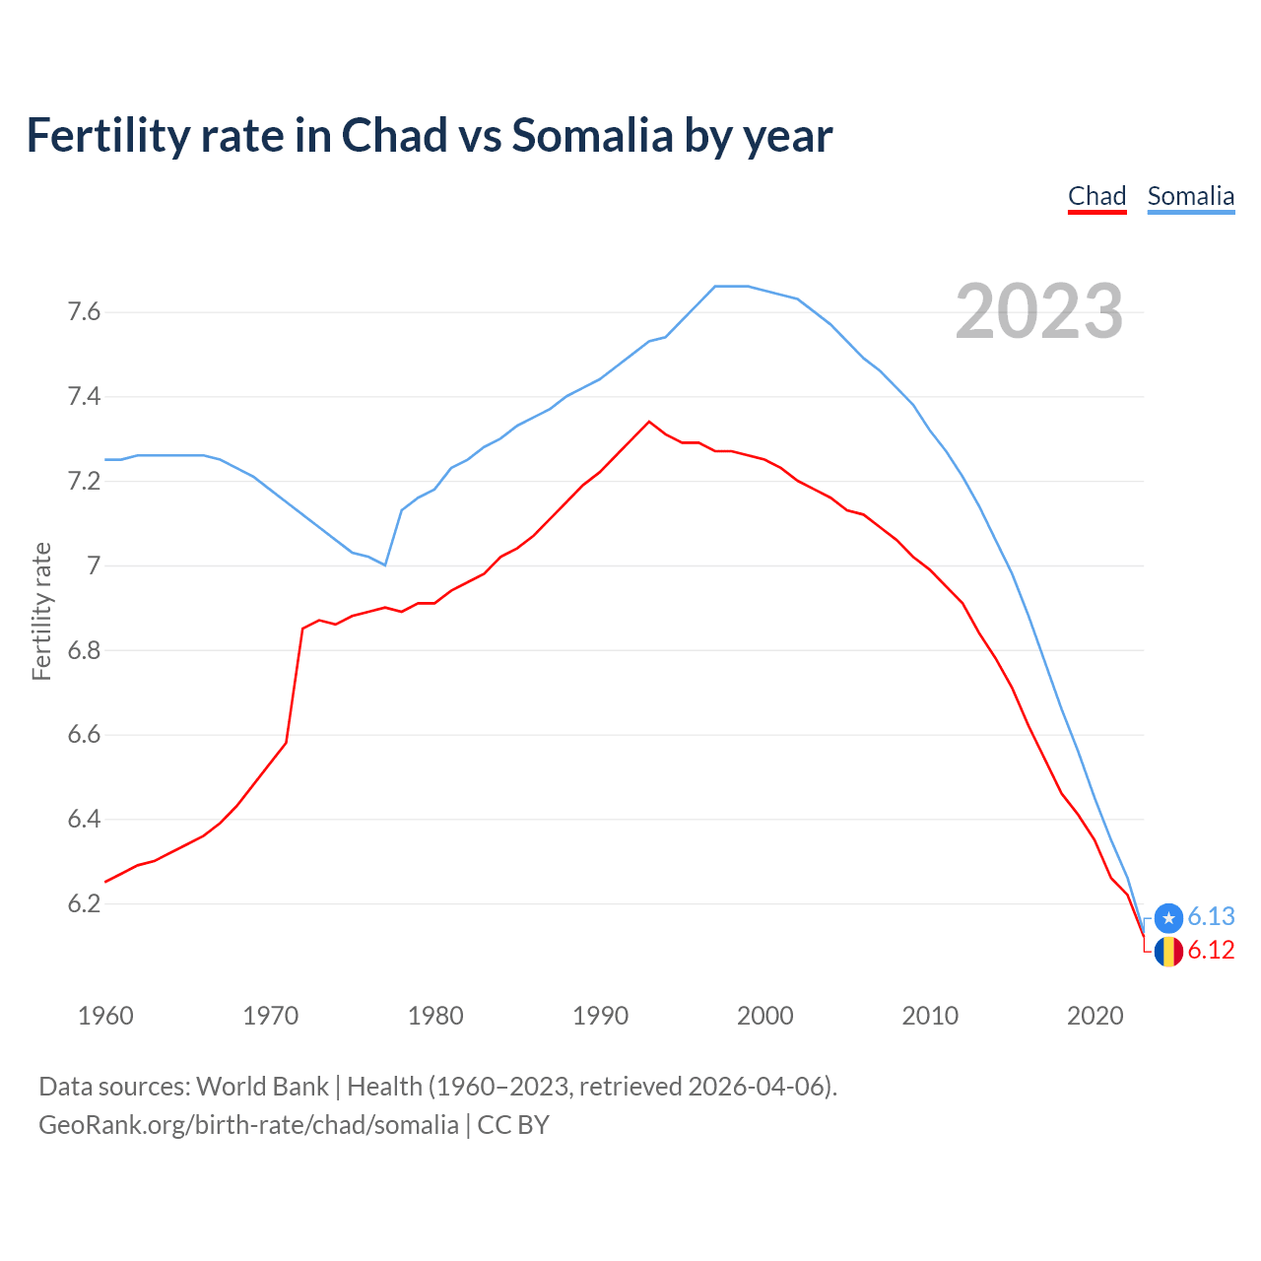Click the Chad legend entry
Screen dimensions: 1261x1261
point(1096,196)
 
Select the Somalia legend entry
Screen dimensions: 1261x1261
point(1190,196)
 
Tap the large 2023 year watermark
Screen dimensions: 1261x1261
point(1038,311)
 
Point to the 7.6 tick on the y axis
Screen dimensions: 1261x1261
point(84,312)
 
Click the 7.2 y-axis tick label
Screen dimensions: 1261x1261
point(84,482)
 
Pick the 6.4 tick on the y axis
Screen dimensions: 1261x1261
point(84,820)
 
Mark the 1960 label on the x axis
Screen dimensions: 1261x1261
point(105,1016)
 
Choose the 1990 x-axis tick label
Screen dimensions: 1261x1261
point(600,1016)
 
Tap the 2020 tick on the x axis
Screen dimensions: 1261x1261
point(1095,1016)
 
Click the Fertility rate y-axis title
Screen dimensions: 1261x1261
point(41,611)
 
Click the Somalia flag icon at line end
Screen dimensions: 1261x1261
point(1168,917)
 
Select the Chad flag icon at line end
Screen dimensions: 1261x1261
point(1168,952)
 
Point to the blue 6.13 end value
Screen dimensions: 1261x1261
point(1211,916)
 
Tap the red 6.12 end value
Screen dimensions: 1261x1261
point(1211,951)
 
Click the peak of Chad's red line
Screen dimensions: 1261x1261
point(648,422)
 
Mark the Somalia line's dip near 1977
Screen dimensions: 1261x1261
point(384,564)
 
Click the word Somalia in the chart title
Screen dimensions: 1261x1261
point(592,135)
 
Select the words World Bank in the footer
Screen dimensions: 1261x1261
point(262,1087)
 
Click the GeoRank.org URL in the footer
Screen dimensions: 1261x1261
point(248,1125)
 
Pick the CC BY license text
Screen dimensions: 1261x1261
point(513,1125)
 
